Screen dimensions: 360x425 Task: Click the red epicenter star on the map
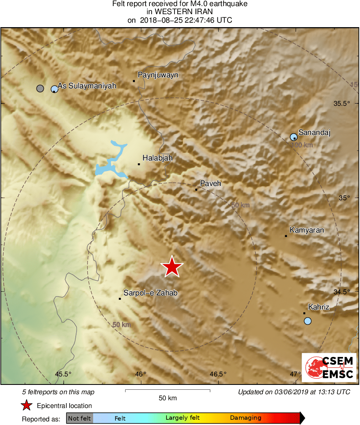click(x=172, y=267)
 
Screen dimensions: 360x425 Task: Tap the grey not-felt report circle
click(x=40, y=88)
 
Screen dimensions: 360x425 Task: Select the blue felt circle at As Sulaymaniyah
click(x=54, y=89)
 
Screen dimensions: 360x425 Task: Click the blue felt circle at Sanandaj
click(x=294, y=137)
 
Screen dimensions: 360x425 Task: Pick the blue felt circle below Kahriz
click(x=308, y=321)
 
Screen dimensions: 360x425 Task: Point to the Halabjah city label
click(x=158, y=158)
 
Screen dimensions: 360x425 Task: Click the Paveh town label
click(x=211, y=184)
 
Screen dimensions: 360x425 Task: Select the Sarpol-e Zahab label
click(x=150, y=293)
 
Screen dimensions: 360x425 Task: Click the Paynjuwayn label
click(x=158, y=75)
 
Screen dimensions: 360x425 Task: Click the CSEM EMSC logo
click(x=329, y=367)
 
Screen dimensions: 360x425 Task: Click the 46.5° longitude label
click(x=218, y=374)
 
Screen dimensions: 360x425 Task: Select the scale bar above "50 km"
click(x=168, y=391)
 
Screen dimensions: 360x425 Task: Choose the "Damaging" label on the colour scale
click(x=245, y=418)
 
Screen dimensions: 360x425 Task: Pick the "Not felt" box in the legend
click(x=79, y=418)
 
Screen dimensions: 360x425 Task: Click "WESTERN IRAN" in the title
click(x=180, y=12)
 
